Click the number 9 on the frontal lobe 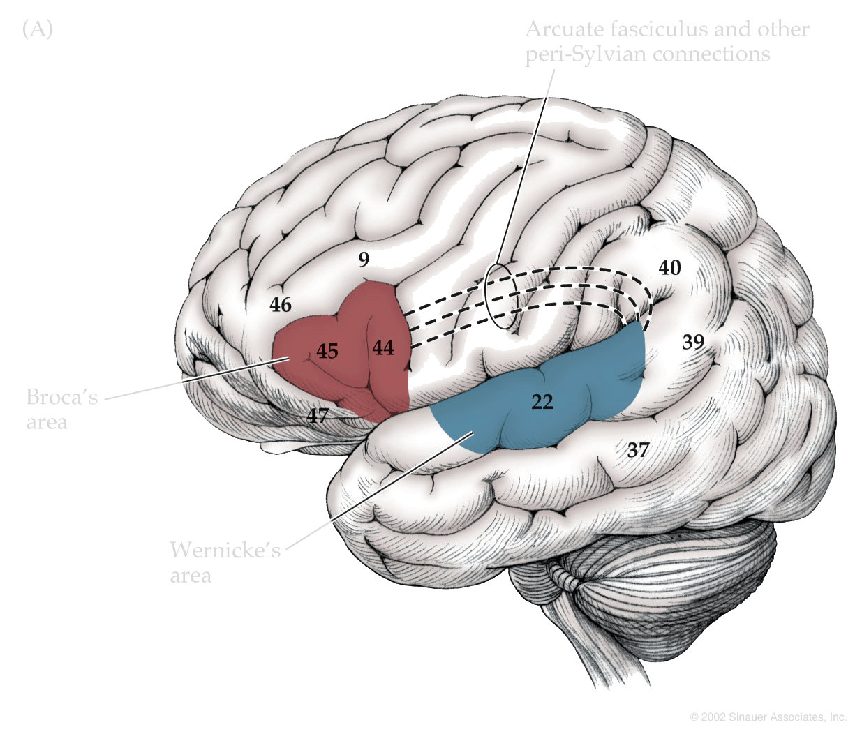click(364, 260)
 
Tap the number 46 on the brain click(281, 305)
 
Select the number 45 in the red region click(327, 352)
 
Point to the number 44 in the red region click(383, 347)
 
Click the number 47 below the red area click(318, 416)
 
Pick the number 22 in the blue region click(542, 402)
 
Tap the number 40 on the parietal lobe click(670, 268)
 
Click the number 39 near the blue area click(693, 342)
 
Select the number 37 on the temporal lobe click(638, 450)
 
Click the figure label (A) click(38, 29)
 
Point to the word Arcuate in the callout click(564, 29)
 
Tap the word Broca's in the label click(61, 397)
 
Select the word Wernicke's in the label click(225, 550)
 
